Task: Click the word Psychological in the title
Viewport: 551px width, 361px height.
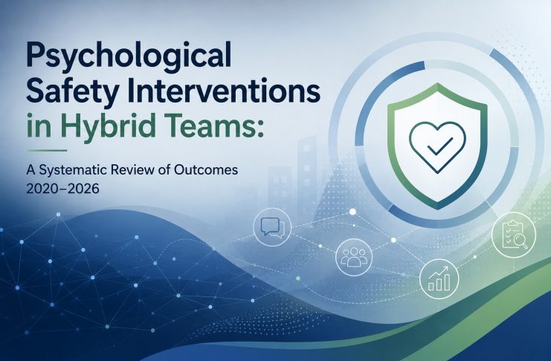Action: (x=129, y=56)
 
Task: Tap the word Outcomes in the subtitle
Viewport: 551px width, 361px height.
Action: (x=205, y=170)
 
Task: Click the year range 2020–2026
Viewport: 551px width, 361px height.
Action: (x=62, y=189)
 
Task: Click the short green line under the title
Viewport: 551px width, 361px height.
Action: (x=47, y=150)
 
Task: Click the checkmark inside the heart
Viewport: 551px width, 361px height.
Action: (x=436, y=146)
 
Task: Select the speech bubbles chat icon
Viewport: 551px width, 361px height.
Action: (x=271, y=227)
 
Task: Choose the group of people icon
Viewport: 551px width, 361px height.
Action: (x=354, y=257)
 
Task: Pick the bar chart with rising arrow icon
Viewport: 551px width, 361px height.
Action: (x=439, y=279)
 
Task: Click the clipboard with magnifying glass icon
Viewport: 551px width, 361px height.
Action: (x=515, y=235)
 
